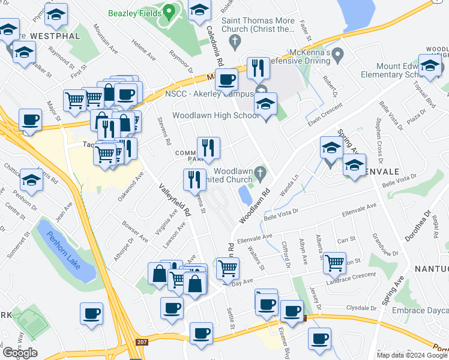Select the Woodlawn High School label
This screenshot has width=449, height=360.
[x=216, y=115]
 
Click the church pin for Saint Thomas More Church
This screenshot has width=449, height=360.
[x=235, y=41]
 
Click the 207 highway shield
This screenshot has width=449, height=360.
[x=141, y=342]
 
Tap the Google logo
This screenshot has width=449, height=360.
[x=20, y=353]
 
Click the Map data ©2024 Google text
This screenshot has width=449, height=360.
[x=412, y=355]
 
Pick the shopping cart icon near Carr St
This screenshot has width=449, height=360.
[x=334, y=262]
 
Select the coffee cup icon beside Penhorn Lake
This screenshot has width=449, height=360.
[x=91, y=313]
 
